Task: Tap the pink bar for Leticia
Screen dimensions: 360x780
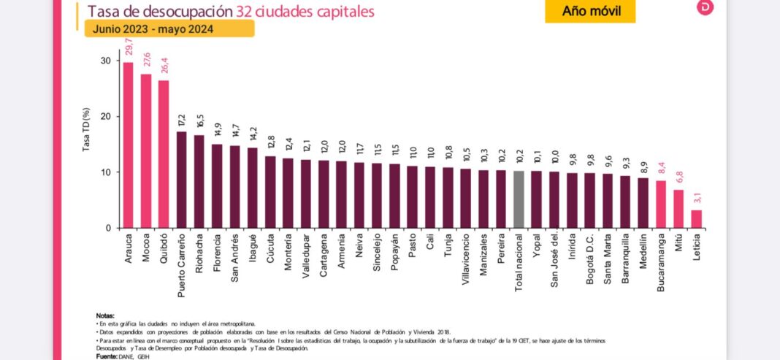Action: (697, 219)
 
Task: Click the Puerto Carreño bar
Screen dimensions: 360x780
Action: (182, 180)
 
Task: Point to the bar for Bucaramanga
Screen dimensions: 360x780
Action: (661, 204)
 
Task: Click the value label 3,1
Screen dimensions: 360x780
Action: (697, 198)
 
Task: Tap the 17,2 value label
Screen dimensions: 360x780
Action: (182, 120)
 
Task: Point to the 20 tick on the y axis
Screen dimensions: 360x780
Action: (106, 117)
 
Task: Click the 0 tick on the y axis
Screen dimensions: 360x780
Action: (108, 228)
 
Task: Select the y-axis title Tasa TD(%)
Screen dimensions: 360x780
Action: (86, 131)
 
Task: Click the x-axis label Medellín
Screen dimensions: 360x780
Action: (643, 250)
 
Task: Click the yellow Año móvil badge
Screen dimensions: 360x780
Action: (589, 11)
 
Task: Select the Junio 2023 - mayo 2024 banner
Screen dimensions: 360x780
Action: (169, 28)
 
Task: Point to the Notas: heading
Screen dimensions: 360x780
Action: (105, 315)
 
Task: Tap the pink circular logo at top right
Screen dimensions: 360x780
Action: (705, 7)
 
